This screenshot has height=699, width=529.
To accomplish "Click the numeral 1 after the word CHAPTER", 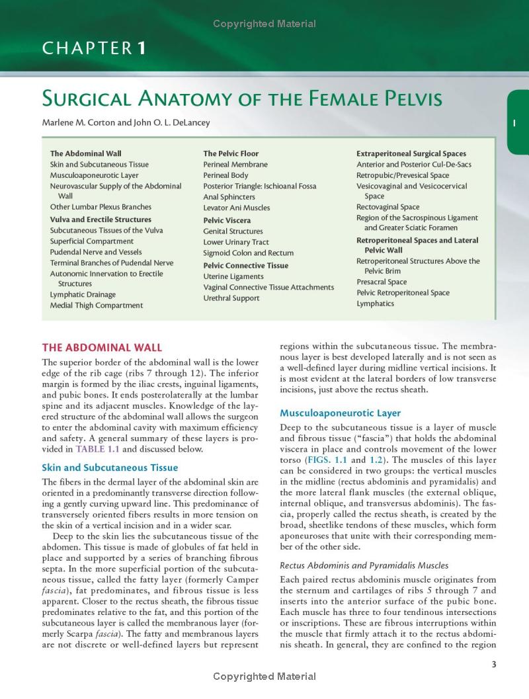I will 141,48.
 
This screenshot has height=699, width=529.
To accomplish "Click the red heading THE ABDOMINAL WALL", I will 101,347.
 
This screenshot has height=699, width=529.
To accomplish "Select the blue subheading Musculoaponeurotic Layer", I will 340,413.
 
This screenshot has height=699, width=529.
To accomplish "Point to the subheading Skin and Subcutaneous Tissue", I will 109,468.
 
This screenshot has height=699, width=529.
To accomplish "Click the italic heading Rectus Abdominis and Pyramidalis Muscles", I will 364,565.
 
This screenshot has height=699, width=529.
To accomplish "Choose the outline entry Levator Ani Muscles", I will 236,208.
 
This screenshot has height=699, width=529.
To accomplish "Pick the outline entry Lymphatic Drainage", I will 83,294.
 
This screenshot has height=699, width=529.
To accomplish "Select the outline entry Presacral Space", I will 382,282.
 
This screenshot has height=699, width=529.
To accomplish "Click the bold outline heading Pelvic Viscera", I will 227,220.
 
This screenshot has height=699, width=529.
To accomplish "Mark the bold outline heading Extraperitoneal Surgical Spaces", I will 411,153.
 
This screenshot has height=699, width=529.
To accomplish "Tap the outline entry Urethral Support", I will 231,298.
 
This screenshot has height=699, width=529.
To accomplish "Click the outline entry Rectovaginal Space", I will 387,207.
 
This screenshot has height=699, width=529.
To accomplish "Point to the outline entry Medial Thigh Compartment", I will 96,306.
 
